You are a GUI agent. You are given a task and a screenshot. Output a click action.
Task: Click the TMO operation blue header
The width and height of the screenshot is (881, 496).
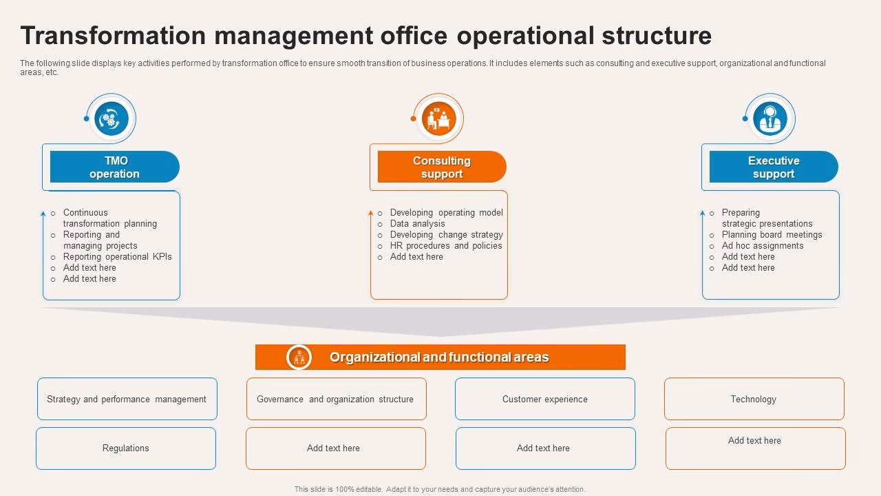click(114, 167)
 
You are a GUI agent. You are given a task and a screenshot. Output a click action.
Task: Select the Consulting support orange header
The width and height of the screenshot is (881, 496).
click(442, 167)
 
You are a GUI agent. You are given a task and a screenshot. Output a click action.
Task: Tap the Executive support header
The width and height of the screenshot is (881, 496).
click(774, 167)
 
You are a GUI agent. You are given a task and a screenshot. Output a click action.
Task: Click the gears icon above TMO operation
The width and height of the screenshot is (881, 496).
click(111, 119)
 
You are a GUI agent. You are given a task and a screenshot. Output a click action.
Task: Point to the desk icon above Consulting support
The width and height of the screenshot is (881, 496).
click(438, 119)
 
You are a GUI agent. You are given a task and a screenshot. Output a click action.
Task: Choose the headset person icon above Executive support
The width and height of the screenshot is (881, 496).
click(769, 118)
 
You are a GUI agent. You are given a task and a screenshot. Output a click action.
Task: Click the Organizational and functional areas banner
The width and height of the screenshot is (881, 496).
click(440, 358)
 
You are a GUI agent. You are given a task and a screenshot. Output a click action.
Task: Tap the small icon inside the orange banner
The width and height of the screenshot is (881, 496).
click(299, 358)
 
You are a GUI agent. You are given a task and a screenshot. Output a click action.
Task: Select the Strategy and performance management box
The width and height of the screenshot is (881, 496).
click(127, 399)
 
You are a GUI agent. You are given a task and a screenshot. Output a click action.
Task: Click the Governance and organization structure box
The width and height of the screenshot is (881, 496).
click(336, 399)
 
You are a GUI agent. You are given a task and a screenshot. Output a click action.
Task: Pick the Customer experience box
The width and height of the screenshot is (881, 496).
click(544, 399)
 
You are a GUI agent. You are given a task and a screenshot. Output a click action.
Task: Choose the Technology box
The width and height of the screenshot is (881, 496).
click(754, 399)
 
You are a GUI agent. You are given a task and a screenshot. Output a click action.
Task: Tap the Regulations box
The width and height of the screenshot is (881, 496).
click(126, 448)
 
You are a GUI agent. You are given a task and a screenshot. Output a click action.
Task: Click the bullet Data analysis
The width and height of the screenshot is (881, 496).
click(417, 224)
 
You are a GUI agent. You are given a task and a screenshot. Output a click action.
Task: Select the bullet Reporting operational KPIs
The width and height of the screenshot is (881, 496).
click(117, 257)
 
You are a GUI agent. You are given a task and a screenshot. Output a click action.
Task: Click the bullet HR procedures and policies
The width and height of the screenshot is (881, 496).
click(446, 246)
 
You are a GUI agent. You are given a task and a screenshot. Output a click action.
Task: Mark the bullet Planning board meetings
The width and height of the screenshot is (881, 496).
click(772, 235)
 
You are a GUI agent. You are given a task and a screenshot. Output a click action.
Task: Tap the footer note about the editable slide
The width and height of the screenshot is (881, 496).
click(440, 489)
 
